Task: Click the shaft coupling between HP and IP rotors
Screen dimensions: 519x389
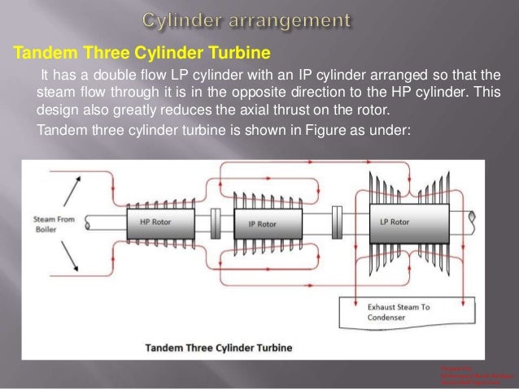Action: [215, 221]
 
